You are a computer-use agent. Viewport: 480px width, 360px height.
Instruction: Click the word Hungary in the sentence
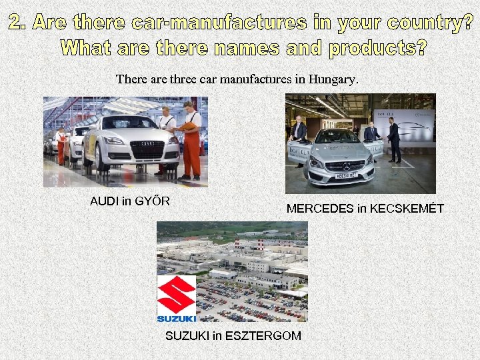click(x=333, y=79)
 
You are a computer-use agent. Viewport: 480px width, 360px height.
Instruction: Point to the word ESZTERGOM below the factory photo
click(x=263, y=335)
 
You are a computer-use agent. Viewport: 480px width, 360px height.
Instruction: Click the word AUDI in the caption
click(x=104, y=201)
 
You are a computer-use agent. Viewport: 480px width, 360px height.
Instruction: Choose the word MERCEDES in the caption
click(x=320, y=209)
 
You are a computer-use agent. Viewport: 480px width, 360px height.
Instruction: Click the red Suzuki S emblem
click(x=176, y=293)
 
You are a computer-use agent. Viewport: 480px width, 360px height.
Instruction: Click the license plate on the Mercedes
click(x=346, y=175)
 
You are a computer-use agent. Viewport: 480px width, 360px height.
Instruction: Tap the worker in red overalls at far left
click(x=61, y=146)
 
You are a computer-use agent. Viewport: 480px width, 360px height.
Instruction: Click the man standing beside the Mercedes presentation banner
click(x=394, y=141)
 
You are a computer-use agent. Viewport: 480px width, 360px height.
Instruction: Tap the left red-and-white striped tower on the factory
click(x=237, y=244)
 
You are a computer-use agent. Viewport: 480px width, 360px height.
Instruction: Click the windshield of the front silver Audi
click(x=129, y=123)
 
